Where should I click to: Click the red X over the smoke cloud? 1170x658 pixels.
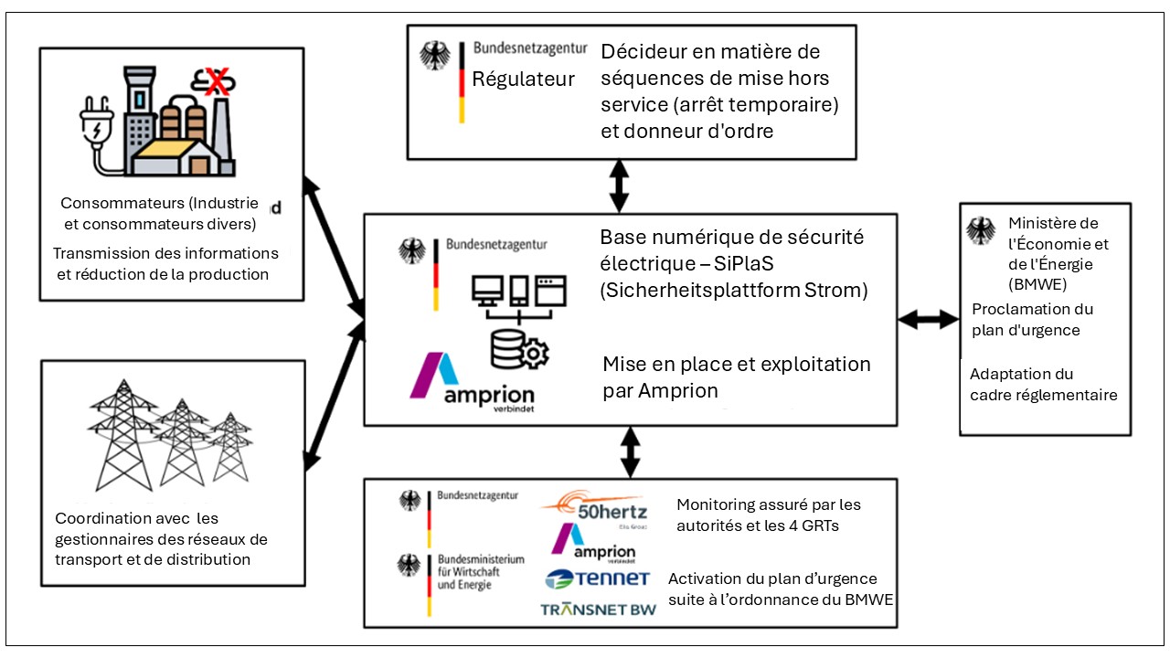(x=217, y=82)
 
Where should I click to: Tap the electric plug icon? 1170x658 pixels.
(x=98, y=131)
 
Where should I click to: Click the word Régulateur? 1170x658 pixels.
(x=523, y=80)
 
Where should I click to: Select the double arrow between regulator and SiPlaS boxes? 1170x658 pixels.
(x=619, y=186)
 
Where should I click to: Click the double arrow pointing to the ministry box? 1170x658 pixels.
(x=928, y=319)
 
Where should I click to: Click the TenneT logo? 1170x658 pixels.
(x=598, y=578)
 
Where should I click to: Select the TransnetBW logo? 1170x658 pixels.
(x=598, y=609)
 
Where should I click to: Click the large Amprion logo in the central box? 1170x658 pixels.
(x=473, y=383)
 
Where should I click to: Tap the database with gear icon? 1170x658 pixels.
(x=519, y=349)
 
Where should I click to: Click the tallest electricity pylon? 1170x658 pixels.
(x=123, y=435)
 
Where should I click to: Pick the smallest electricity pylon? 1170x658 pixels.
(x=230, y=447)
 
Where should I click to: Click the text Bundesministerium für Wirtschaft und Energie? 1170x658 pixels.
(x=481, y=572)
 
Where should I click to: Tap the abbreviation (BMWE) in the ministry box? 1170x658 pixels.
(x=1037, y=284)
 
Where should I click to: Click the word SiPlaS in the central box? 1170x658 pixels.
(x=743, y=264)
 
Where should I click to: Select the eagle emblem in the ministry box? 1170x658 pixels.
(x=981, y=231)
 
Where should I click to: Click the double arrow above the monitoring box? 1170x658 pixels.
(x=631, y=452)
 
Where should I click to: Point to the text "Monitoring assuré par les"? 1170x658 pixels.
(x=769, y=505)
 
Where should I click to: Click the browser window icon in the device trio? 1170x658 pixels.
(x=551, y=291)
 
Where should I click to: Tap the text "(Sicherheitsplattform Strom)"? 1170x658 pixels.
(x=734, y=291)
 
